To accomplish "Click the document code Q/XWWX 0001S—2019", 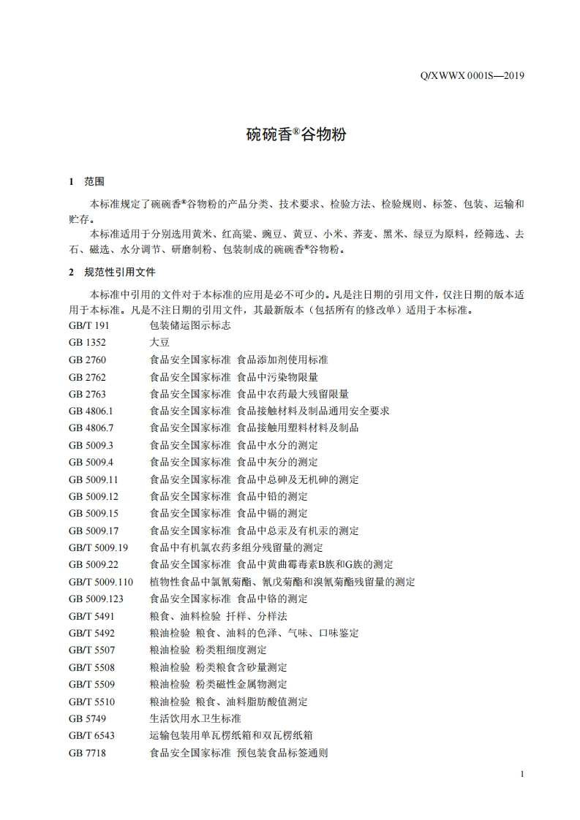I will [x=474, y=75].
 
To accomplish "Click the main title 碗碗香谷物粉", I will [x=295, y=135].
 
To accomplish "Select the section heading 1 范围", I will [x=86, y=181].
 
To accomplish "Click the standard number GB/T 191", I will [x=88, y=325].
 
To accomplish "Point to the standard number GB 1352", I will [x=87, y=342].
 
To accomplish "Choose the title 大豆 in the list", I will [x=159, y=342].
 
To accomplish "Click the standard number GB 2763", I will [x=87, y=393].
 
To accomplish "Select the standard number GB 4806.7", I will [x=91, y=428].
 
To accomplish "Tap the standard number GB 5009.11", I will [x=93, y=479].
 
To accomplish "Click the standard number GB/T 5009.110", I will [x=101, y=582].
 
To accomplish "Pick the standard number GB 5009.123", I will [x=96, y=599].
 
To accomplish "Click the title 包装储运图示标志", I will [x=190, y=325].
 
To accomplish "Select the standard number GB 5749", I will [x=87, y=718].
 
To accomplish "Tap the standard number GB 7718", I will [x=87, y=752].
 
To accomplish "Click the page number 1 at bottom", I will [x=521, y=774].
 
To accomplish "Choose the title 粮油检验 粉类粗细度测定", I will [x=208, y=650].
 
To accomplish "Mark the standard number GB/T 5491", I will [x=91, y=616].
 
